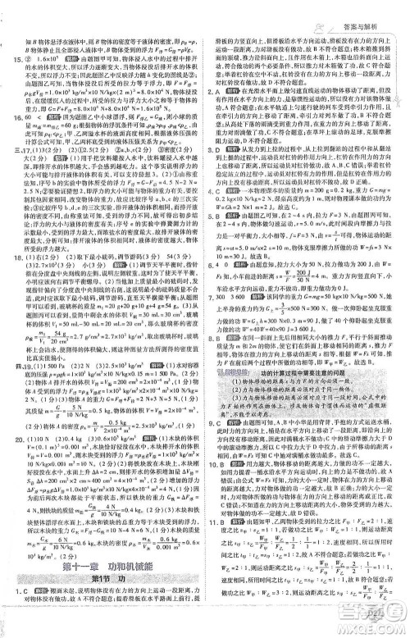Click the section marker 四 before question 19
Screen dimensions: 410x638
10,389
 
